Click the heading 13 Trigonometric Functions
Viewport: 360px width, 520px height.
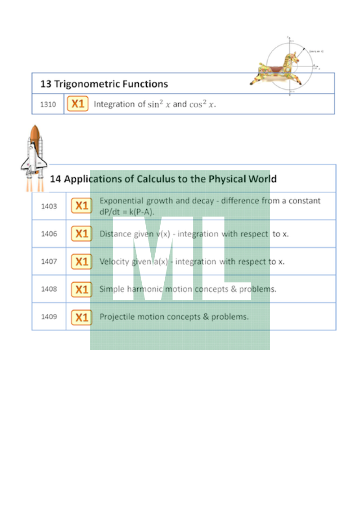point(104,84)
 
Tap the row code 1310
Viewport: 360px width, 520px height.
point(48,104)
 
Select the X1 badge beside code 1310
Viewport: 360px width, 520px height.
point(78,104)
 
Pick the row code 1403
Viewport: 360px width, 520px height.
point(49,206)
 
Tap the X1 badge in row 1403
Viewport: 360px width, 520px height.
point(81,206)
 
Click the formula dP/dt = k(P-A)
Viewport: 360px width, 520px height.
point(127,212)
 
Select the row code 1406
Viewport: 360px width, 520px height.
point(49,234)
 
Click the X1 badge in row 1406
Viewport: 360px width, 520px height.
point(81,234)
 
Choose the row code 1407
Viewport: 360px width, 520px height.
point(49,262)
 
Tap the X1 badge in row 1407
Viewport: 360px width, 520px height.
point(81,262)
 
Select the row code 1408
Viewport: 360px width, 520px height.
point(49,289)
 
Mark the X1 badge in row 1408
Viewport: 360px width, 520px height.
point(81,289)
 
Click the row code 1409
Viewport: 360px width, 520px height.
point(49,317)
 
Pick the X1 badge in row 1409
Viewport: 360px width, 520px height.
point(81,317)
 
